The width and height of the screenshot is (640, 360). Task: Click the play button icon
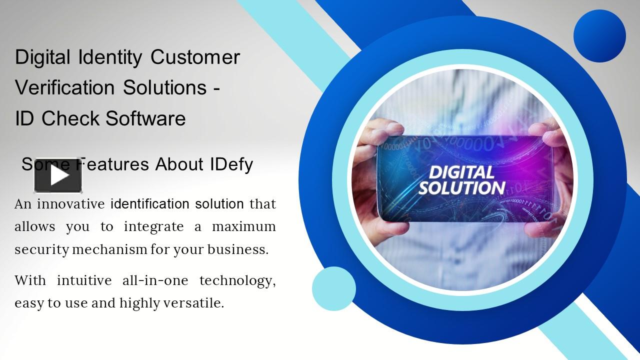(x=58, y=175)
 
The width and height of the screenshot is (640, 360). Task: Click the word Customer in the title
(x=195, y=57)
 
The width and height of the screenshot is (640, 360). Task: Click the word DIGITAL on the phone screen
(x=461, y=172)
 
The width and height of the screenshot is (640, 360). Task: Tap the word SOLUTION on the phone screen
(x=461, y=188)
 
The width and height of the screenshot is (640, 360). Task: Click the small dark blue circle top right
(x=599, y=36)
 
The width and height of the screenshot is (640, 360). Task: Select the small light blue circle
(x=333, y=288)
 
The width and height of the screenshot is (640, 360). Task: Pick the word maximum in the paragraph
(x=243, y=226)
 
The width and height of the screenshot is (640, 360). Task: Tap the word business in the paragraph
(x=236, y=249)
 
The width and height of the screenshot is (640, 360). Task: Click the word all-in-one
(x=155, y=280)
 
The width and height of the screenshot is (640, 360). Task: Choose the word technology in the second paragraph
(x=237, y=281)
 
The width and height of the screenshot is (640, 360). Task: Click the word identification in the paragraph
(x=149, y=204)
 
